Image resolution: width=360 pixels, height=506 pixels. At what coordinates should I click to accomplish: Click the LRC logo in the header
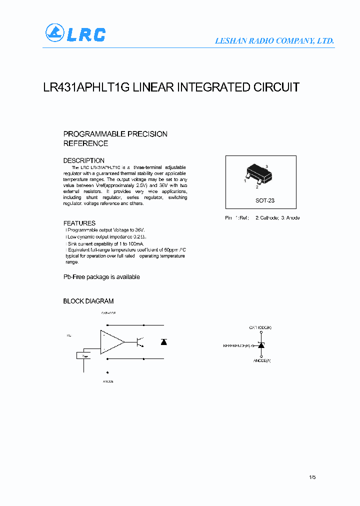pos(75,33)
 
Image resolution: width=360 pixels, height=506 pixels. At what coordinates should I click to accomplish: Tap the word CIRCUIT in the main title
pos(276,87)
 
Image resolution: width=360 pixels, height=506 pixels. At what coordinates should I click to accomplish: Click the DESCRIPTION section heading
pos(83,160)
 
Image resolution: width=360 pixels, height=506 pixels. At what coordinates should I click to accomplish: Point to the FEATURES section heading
pos(79,223)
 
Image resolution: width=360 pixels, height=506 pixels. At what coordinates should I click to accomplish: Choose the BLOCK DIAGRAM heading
pos(88,301)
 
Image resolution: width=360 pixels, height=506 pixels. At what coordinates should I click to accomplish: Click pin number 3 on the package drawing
pos(267,165)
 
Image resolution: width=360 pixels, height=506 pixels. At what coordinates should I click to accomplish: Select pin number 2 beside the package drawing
pos(257,187)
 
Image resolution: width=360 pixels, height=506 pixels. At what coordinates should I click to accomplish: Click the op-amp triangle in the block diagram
pos(112,342)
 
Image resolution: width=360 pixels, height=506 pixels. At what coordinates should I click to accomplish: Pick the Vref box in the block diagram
pos(83,355)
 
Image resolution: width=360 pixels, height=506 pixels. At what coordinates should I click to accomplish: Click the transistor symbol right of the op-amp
pos(139,342)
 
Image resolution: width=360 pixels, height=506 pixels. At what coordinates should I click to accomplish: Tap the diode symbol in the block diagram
pos(163,342)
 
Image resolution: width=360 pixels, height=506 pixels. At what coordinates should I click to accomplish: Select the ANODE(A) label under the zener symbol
pos(262,360)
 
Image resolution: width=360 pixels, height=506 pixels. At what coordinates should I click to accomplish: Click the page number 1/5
pos(312,477)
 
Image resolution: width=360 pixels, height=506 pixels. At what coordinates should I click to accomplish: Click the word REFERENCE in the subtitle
pos(85,143)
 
